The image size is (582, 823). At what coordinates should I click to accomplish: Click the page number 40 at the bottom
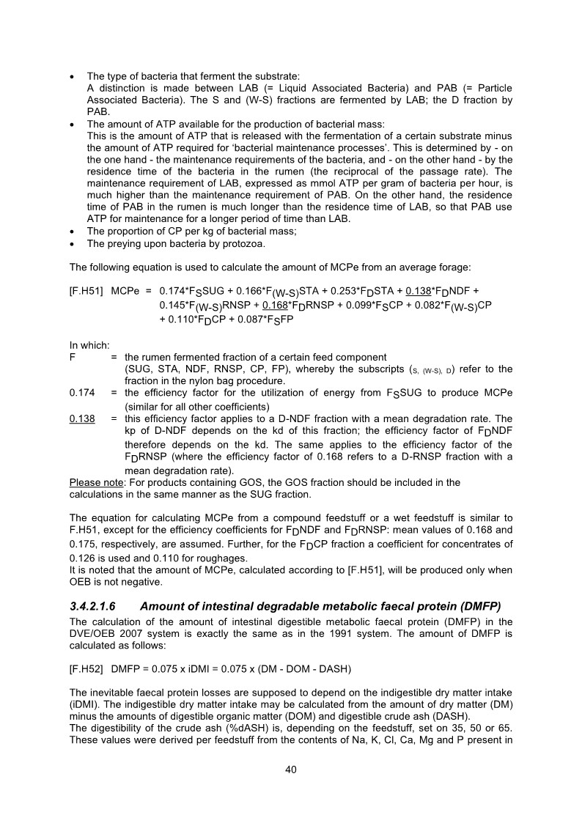point(291,770)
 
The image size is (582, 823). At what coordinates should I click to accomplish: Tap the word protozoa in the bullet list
point(244,243)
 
